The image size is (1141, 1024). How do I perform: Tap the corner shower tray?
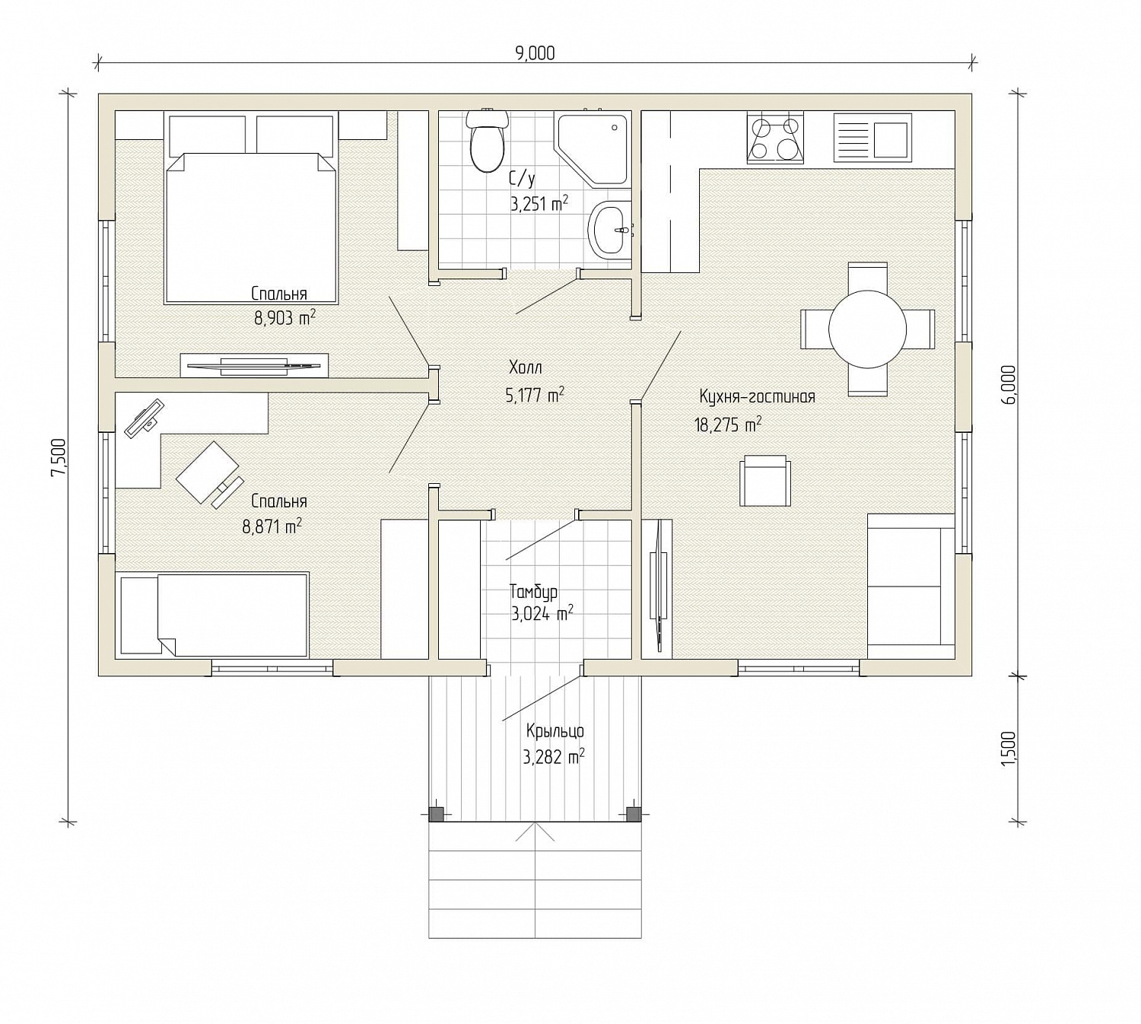591,148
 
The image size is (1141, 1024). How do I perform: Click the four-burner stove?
775,138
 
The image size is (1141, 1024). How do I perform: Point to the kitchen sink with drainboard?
872,138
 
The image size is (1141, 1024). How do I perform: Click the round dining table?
867,329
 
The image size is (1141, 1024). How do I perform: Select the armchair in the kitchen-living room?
764,481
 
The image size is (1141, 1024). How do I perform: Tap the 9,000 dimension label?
535,53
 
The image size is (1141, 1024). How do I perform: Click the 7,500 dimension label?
59,458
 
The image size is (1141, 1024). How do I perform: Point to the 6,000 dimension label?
1009,385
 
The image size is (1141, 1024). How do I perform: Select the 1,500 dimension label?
1009,747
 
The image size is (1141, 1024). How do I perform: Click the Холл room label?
526,367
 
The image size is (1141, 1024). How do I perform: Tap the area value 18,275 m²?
728,425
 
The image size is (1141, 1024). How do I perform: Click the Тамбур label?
533,591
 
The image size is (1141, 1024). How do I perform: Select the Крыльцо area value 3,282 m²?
554,758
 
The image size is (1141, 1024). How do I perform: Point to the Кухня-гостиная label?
757,396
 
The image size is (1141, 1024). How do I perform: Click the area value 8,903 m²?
284,318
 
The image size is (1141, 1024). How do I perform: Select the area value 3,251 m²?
539,203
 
